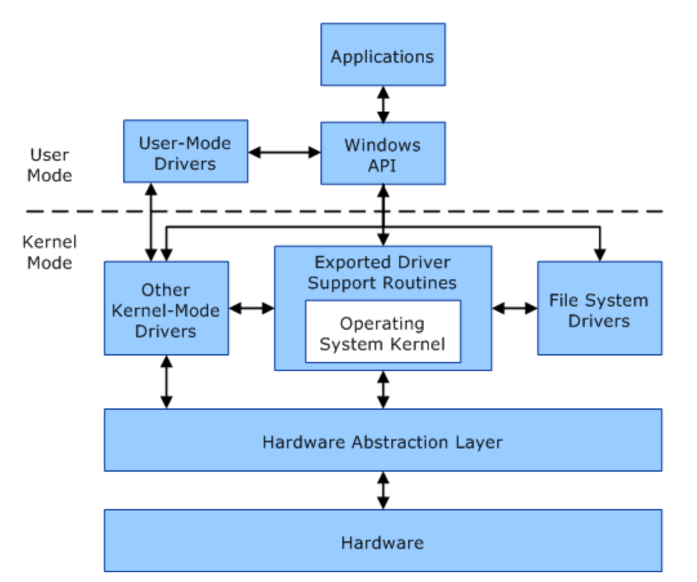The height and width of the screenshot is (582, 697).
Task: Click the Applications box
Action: click(x=383, y=54)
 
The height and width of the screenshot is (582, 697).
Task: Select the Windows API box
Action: click(x=383, y=153)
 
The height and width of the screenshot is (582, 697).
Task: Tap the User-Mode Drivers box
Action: click(x=185, y=151)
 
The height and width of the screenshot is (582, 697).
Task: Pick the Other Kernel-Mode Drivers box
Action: click(x=166, y=308)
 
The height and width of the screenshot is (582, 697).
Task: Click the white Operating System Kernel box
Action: click(x=383, y=332)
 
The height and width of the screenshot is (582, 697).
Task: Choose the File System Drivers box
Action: click(x=600, y=308)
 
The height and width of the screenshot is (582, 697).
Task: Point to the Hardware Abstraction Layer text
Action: click(x=382, y=442)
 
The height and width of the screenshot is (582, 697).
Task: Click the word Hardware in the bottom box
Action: click(x=382, y=543)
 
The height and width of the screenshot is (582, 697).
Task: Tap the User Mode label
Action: click(x=50, y=165)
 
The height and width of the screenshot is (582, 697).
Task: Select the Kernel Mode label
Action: click(x=50, y=252)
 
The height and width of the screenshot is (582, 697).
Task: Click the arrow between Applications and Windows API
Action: click(x=383, y=104)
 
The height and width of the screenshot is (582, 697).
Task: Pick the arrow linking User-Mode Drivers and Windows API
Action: click(x=284, y=152)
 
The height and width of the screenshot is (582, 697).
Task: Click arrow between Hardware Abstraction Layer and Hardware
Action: click(x=383, y=490)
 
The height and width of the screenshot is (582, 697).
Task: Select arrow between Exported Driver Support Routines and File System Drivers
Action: click(x=515, y=308)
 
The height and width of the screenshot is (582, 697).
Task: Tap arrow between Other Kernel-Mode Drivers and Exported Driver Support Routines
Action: click(x=251, y=308)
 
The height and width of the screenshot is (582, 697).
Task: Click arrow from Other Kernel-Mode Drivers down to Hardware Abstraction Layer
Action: click(x=166, y=382)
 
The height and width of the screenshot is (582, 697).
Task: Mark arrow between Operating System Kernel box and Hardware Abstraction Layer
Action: click(x=383, y=390)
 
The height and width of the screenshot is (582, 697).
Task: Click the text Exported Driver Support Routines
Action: click(x=382, y=272)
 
